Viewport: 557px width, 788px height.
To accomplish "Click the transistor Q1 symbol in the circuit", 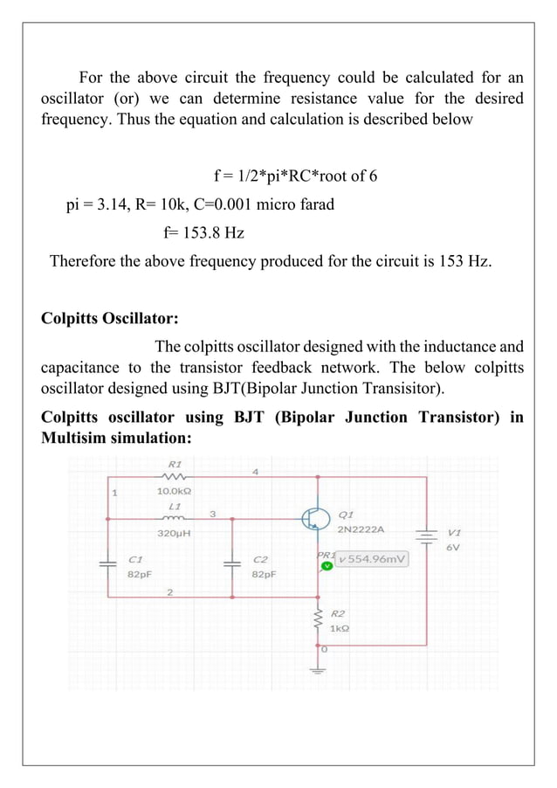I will click(313, 519).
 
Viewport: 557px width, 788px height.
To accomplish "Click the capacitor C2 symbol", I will click(232, 563).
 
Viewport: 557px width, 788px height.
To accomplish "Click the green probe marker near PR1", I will click(326, 566).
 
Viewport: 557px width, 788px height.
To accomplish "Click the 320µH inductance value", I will click(175, 532).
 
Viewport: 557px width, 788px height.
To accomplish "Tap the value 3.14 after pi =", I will click(120, 205).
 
